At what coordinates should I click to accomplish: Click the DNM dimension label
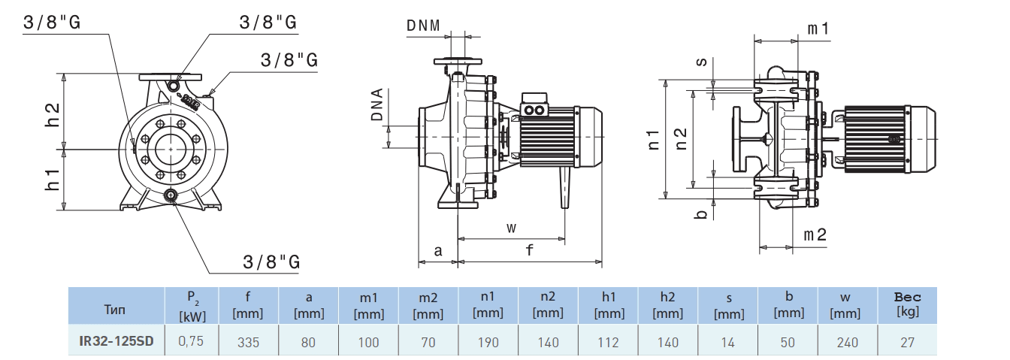click(x=424, y=26)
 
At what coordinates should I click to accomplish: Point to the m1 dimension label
click(x=818, y=29)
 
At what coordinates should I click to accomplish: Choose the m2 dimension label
click(x=815, y=235)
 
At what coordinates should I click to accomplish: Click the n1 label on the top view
click(x=654, y=139)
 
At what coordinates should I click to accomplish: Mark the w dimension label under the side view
click(x=512, y=227)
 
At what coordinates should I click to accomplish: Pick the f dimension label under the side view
click(x=530, y=251)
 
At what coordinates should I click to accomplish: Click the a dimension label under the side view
click(x=438, y=251)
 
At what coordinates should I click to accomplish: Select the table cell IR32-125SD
click(x=116, y=342)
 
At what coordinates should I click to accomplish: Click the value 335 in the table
click(x=248, y=342)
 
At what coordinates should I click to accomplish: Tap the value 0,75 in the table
click(x=191, y=342)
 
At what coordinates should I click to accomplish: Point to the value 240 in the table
click(x=848, y=342)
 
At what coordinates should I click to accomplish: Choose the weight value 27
click(x=908, y=342)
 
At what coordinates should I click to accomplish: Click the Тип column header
click(x=115, y=309)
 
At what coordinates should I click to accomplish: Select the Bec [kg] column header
click(x=908, y=304)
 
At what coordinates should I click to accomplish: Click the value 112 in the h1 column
click(x=609, y=342)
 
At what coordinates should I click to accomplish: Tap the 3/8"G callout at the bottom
click(x=272, y=262)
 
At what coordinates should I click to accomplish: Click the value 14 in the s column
click(x=728, y=342)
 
